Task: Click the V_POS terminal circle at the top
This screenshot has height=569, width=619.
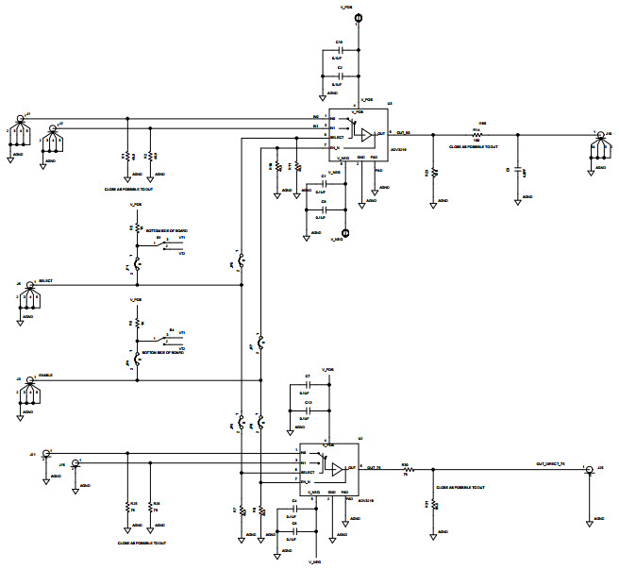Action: point(358,16)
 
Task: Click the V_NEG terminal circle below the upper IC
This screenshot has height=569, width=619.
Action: point(345,232)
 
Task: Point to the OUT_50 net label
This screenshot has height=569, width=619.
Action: point(407,133)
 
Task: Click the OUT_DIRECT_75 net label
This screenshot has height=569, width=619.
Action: point(549,464)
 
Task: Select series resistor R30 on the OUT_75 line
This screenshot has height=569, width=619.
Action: point(406,469)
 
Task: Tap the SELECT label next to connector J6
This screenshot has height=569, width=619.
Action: point(45,282)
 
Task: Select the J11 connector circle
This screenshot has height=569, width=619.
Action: point(45,453)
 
